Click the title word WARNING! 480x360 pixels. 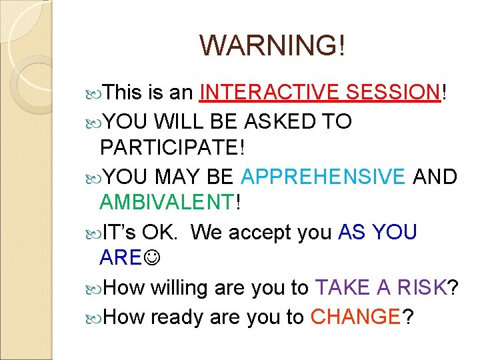point(273,45)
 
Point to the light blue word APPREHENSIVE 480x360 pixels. point(323,177)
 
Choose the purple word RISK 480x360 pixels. point(415,287)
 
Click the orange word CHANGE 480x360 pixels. point(354,317)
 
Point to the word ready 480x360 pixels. point(177,317)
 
